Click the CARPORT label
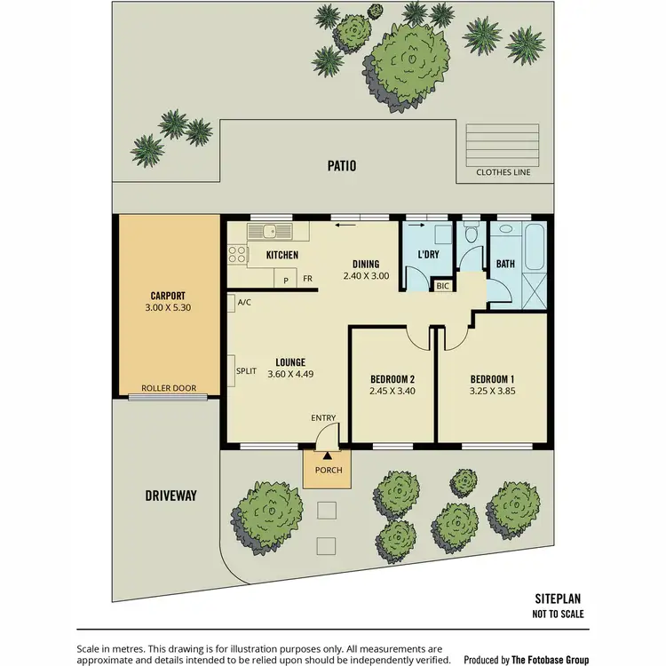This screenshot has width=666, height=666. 167,296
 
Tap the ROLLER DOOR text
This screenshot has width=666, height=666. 169,388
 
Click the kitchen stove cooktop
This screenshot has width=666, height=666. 237,256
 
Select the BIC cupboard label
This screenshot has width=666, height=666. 441,286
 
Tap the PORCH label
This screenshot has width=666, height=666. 328,470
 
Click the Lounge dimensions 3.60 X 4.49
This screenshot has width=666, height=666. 290,374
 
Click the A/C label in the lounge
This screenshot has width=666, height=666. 244,303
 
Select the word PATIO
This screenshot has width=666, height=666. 340,165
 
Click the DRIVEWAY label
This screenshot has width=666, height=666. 170,495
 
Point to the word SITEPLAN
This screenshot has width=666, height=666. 559,599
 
